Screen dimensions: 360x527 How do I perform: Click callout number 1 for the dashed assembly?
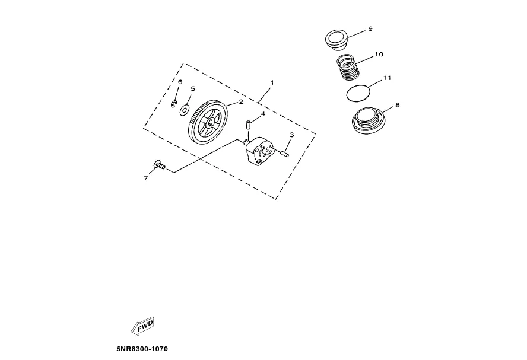pos(272,82)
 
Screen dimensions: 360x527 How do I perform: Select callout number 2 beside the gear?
pos(241,101)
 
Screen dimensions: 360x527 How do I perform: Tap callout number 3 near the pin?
pos(291,135)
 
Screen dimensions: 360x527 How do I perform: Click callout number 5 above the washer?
pos(192,88)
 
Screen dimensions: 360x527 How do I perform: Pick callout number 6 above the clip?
pos(180,82)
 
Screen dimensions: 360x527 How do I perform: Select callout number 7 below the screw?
pos(145,178)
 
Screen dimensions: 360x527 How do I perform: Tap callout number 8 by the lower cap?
pos(397,105)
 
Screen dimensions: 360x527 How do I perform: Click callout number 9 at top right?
pos(370,28)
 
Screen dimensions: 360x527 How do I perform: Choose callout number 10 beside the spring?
pos(379,54)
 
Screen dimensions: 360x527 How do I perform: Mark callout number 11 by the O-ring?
pos(386,78)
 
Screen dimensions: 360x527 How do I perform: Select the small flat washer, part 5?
pos(185,110)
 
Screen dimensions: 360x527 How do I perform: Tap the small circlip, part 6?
pos(174,105)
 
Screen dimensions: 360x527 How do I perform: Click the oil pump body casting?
pos(259,151)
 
